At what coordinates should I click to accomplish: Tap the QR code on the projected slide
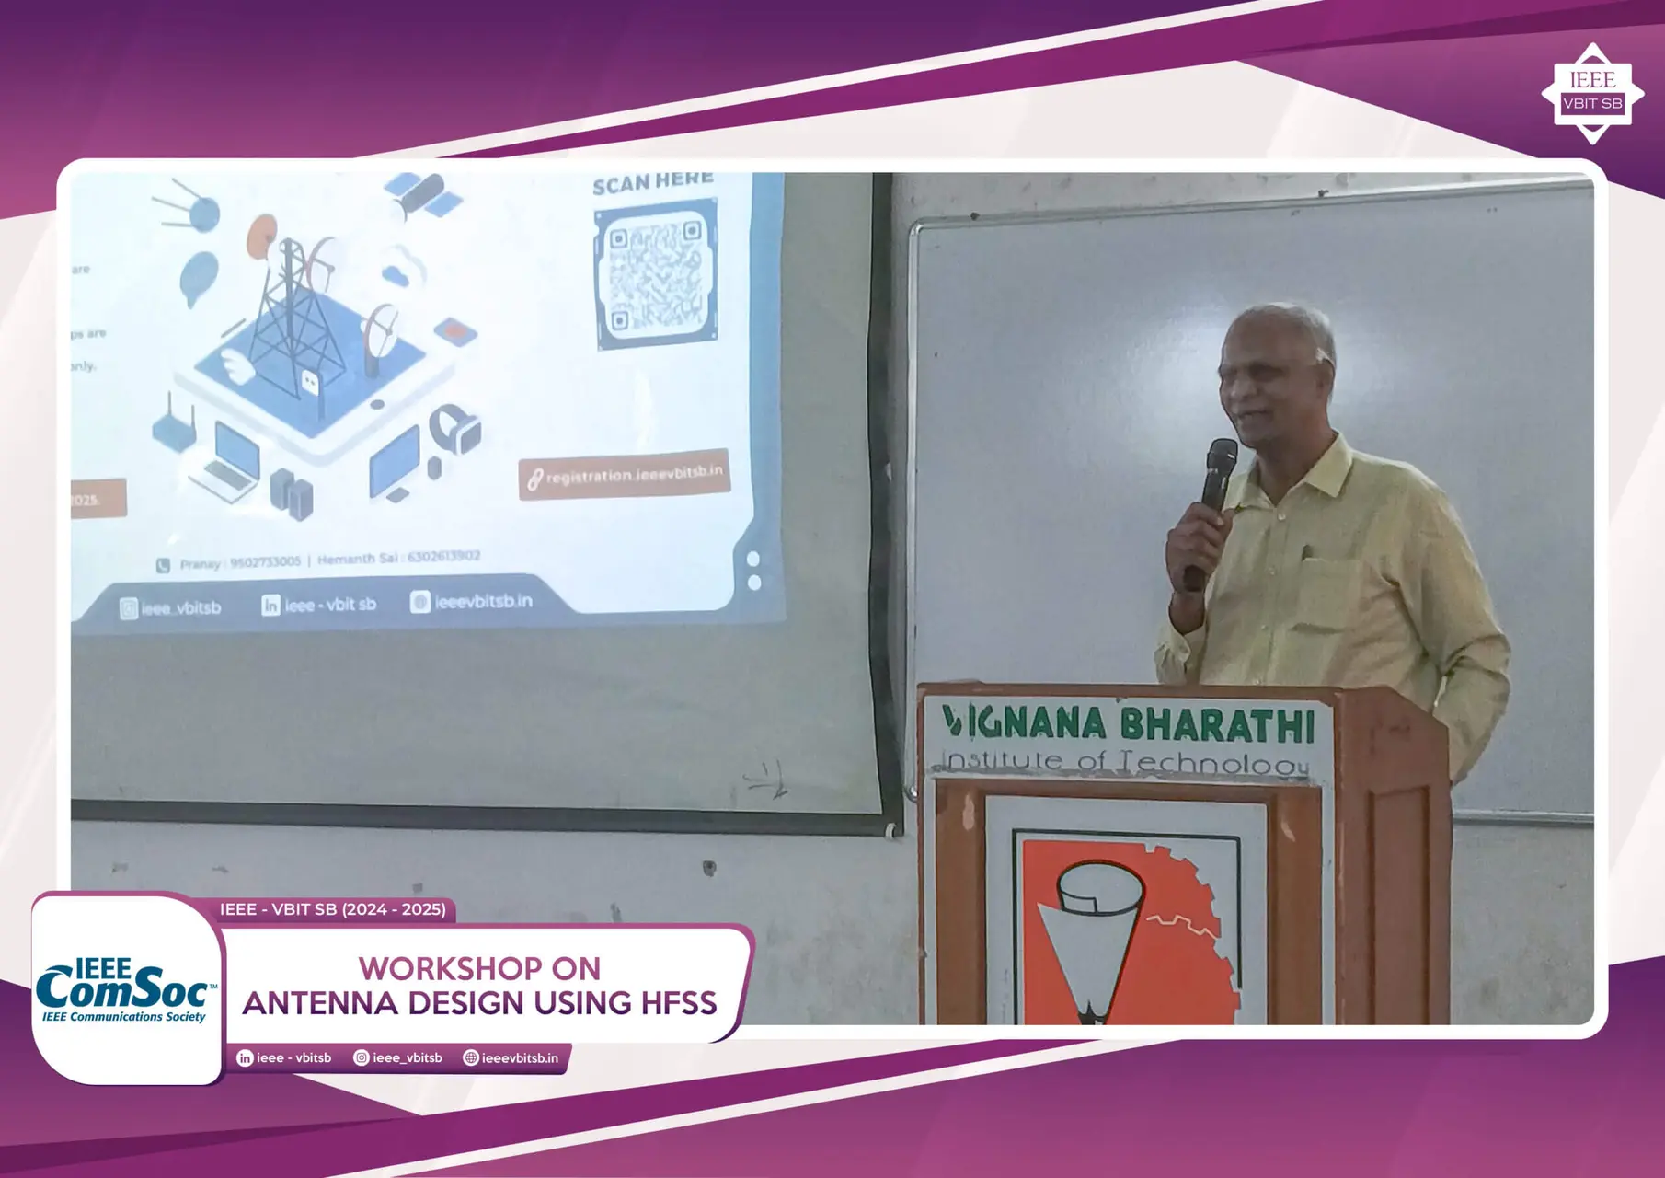[655, 279]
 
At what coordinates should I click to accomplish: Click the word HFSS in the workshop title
[678, 1002]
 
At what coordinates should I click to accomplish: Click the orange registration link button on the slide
[625, 474]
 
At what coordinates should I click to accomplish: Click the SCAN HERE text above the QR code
[652, 182]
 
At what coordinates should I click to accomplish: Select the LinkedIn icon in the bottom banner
[245, 1058]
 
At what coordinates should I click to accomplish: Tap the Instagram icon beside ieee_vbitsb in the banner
[362, 1058]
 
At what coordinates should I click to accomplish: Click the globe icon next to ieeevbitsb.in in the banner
[471, 1058]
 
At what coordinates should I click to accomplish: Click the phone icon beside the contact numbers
[163, 565]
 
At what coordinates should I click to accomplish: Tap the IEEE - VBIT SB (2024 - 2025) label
[332, 909]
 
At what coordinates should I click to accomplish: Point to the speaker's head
[1277, 368]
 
